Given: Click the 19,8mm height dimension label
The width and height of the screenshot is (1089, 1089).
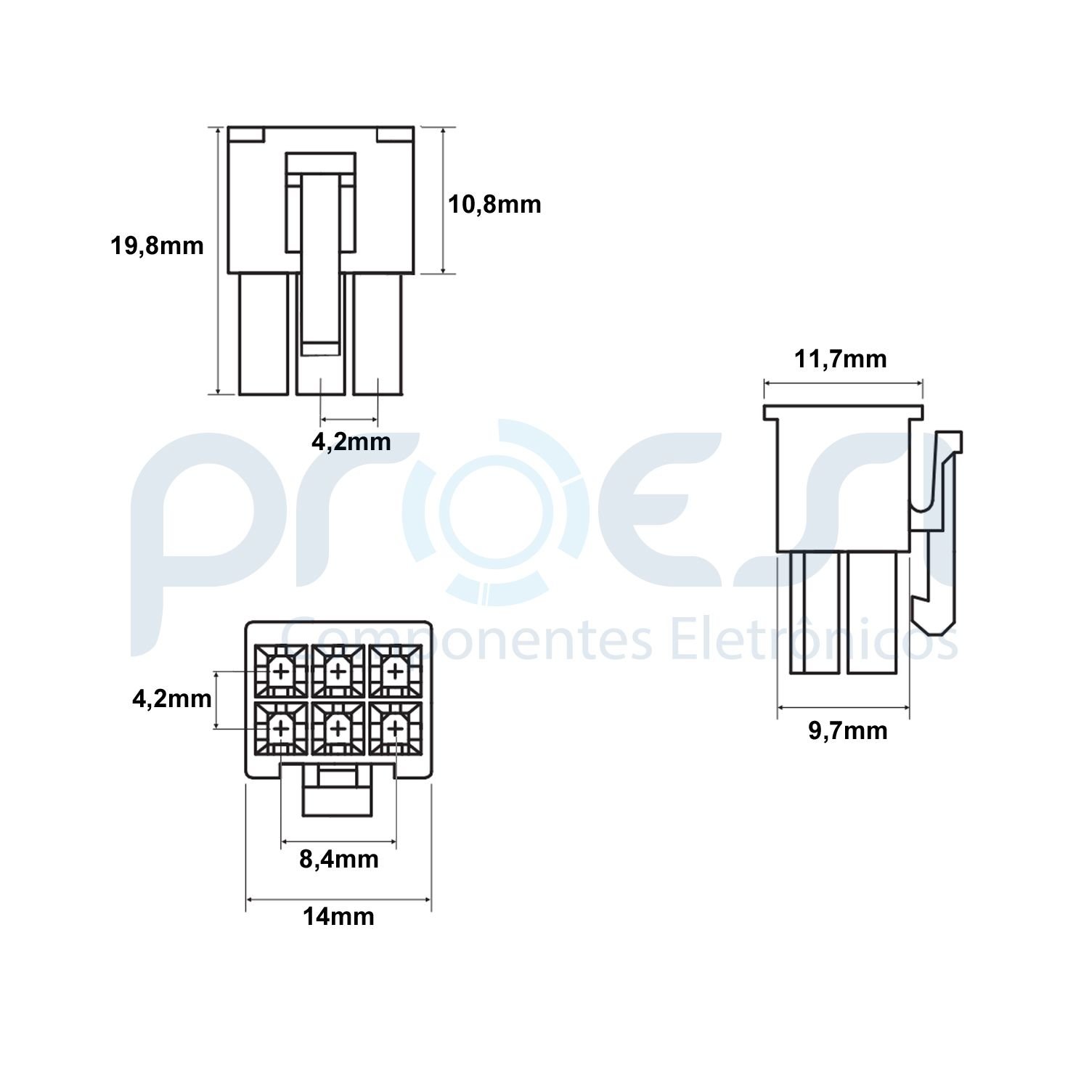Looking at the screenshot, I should [157, 246].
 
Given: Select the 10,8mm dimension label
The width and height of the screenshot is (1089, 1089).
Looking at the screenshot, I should [494, 205].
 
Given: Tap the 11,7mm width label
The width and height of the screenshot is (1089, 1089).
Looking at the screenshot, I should [840, 359].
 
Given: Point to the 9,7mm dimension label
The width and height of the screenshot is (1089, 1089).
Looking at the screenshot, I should [848, 730].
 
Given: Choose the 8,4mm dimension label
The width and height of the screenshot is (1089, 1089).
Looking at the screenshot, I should [339, 860].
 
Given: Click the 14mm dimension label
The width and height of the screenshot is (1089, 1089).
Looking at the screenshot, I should [338, 917].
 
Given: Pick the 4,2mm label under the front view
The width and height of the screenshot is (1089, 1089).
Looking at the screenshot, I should [351, 441].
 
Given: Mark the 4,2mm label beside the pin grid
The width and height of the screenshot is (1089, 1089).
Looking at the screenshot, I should [172, 698].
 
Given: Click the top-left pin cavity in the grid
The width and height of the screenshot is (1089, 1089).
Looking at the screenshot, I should [281, 672].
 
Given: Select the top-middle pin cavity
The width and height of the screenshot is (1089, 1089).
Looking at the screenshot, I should [338, 672].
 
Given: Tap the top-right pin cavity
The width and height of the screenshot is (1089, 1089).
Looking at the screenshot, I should [394, 672].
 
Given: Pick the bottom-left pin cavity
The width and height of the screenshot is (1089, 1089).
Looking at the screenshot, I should [281, 727].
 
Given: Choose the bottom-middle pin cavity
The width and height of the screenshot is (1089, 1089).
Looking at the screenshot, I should [338, 727].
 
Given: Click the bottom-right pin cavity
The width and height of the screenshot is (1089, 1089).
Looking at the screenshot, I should [394, 727].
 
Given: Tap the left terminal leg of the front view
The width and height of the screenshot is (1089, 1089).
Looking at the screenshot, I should [264, 334].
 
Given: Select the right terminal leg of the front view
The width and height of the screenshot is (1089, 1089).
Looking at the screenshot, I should [377, 334].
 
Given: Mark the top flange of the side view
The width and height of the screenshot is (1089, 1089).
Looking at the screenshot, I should [843, 412].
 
